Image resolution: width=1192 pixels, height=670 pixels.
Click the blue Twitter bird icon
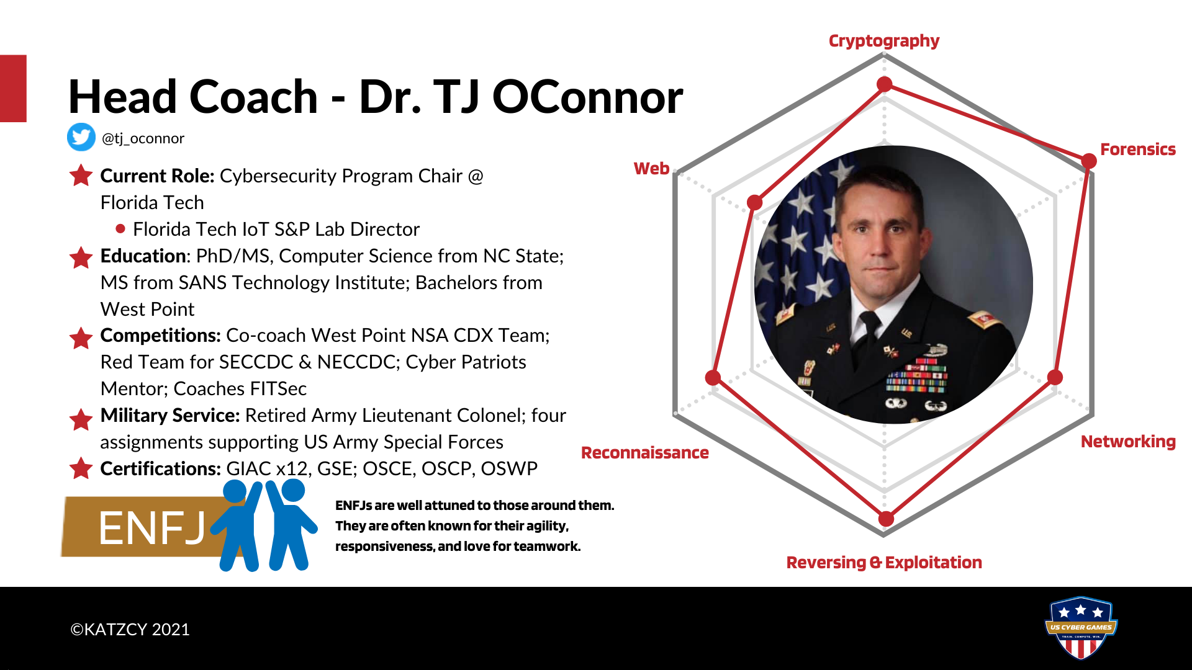pos(81,137)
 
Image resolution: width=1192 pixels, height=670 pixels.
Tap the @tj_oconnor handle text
pos(143,138)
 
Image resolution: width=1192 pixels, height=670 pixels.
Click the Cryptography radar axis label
pos(883,41)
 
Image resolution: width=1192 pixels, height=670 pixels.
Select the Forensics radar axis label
pos(1137,150)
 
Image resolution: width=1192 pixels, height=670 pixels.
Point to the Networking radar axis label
pos(1127,442)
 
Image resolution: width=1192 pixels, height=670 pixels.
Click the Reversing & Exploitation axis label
pos(883,563)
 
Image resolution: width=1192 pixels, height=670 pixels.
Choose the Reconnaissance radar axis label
pos(644,453)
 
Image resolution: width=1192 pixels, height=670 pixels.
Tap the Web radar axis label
pos(651,169)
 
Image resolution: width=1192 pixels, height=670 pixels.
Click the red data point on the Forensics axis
pos(1088,161)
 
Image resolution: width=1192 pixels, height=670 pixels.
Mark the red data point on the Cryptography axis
pos(885,84)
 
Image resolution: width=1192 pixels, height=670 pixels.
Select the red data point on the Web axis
pos(754,202)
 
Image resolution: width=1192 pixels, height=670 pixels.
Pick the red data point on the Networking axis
pos(1055,377)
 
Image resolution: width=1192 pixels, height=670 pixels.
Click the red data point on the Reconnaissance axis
pos(713,377)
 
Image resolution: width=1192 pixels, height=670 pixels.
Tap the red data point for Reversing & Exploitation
pos(886,518)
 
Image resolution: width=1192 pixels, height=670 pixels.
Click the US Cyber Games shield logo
pos(1081,628)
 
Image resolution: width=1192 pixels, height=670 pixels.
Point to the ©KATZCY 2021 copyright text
pos(130,630)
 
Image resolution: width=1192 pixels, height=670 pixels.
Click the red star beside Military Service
pos(81,419)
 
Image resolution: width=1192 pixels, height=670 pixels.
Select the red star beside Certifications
pos(81,468)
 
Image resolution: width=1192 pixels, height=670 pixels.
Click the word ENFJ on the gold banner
pos(152,529)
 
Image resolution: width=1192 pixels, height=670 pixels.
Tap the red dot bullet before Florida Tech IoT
pos(120,229)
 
